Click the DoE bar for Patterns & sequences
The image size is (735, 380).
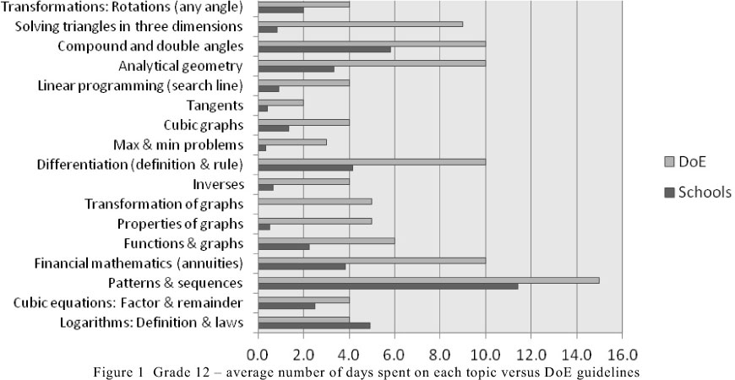428,280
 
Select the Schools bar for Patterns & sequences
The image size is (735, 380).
388,286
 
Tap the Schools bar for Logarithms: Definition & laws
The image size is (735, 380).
314,325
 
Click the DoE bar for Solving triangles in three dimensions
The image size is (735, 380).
360,24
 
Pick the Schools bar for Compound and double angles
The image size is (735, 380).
324,49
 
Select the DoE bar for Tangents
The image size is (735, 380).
280,101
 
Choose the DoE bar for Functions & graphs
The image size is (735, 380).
326,240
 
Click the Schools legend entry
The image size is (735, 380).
698,193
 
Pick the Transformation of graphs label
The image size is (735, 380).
165,203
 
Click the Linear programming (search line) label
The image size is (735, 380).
141,86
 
